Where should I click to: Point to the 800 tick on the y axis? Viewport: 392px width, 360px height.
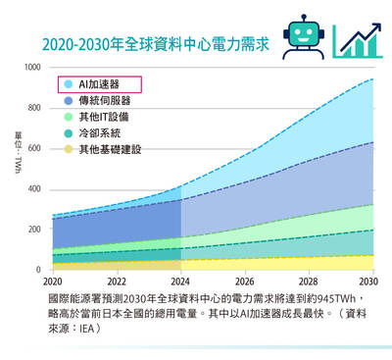[35, 108]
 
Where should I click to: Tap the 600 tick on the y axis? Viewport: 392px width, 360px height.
[35, 148]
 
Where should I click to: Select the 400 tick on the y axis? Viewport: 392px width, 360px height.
[35, 189]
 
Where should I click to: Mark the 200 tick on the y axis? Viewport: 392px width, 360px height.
[35, 230]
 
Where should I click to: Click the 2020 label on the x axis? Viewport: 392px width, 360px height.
[52, 281]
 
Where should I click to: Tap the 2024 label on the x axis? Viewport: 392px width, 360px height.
[181, 281]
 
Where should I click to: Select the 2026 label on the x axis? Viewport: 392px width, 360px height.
[245, 281]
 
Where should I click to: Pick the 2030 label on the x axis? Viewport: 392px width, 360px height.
[373, 281]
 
